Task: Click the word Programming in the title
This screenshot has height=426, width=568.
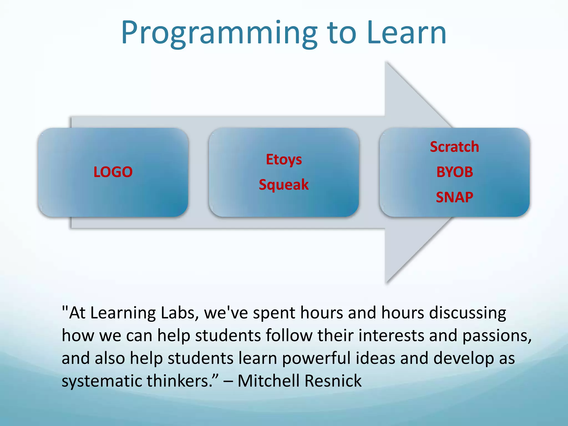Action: click(219, 33)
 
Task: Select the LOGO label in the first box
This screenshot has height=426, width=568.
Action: click(113, 172)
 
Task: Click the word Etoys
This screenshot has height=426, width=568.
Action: click(284, 160)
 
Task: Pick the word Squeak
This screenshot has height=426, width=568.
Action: click(283, 185)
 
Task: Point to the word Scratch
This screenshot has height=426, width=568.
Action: click(454, 147)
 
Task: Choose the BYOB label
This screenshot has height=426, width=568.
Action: click(455, 172)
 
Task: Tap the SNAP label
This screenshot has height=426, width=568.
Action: click(454, 197)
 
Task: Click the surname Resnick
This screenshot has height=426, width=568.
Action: click(333, 381)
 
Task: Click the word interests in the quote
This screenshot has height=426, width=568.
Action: click(391, 335)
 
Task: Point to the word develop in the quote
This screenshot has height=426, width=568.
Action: click(463, 358)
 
